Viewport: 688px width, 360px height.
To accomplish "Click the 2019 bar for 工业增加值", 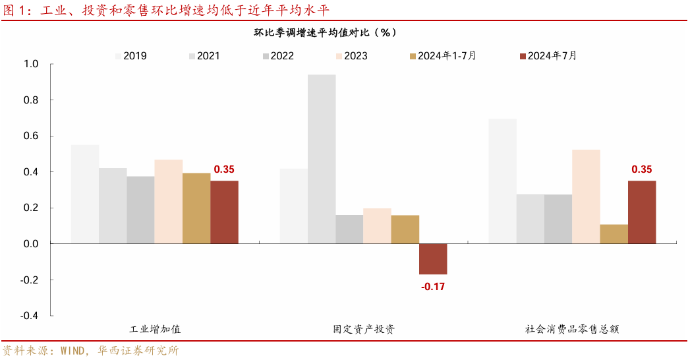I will coord(85,194).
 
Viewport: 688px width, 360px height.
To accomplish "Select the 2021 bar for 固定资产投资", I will coord(322,159).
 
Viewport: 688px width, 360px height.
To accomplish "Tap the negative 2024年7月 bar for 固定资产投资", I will coord(433,258).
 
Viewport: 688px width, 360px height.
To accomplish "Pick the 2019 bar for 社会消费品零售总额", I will coord(502,181).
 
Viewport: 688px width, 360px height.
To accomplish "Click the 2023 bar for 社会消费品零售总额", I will coord(586,196).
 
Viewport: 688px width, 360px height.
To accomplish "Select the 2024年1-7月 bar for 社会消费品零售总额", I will coord(614,234).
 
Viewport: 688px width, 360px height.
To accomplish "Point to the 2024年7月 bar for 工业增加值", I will coord(224,212).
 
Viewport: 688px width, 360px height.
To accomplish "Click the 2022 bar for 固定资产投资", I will coord(349,229).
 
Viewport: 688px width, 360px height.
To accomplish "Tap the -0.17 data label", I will coord(433,286).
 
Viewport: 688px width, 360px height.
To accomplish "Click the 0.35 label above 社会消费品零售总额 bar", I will coord(641,169).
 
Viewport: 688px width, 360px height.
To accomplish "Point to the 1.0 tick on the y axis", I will coord(31,64).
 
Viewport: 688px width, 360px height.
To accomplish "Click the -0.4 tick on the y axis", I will coord(29,316).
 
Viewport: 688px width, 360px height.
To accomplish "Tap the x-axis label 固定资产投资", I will coord(364,329).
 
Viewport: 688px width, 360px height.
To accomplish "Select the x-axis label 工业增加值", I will coord(155,329).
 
